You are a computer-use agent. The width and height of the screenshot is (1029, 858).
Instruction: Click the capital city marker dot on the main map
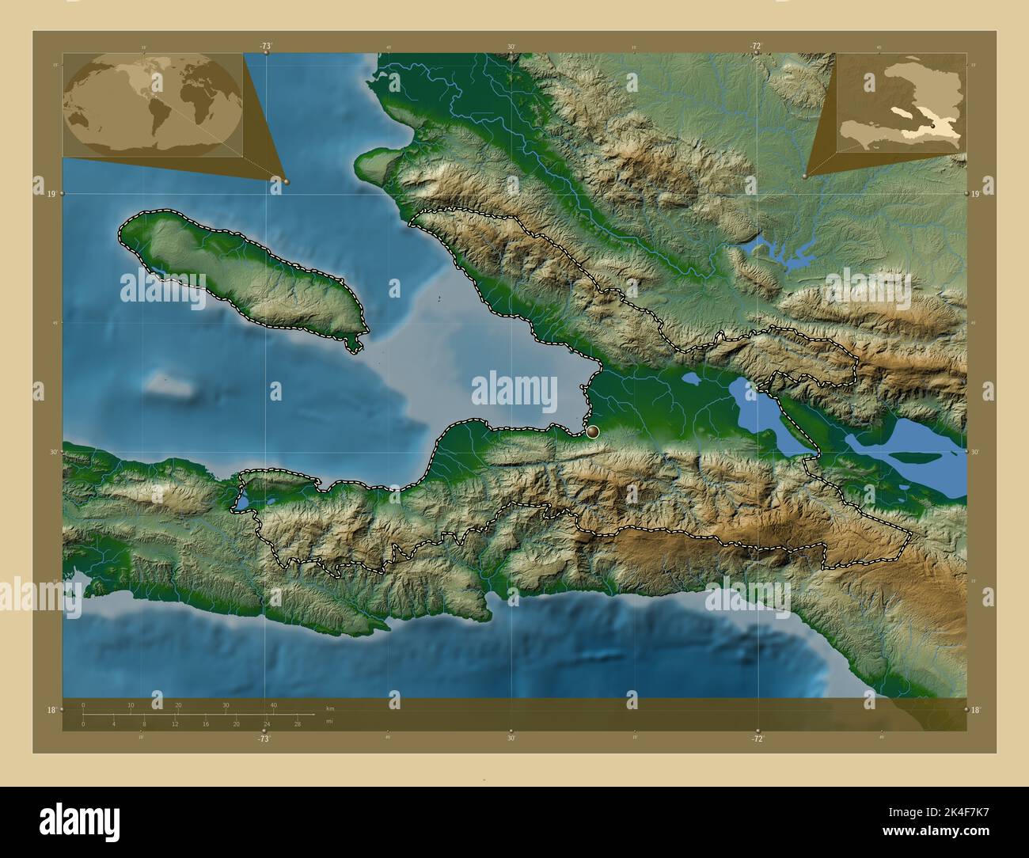click(x=592, y=431)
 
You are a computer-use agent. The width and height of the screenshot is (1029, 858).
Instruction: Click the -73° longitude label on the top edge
click(x=264, y=47)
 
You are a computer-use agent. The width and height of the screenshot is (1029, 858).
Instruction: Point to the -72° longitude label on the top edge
click(x=756, y=47)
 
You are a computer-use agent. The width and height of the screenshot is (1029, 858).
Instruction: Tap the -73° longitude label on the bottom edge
click(x=264, y=738)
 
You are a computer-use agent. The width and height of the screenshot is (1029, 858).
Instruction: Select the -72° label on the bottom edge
click(x=757, y=738)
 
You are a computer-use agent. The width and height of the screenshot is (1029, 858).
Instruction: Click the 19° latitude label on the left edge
click(x=50, y=193)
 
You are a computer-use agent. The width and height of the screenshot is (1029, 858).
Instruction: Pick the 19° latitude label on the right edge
click(x=976, y=193)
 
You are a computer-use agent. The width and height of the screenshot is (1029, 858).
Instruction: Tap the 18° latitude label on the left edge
click(x=50, y=710)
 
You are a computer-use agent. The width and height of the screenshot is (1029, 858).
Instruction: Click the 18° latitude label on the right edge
click(x=976, y=710)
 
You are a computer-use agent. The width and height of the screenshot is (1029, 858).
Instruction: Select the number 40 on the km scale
click(x=274, y=705)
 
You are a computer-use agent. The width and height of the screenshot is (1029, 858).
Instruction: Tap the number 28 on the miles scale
click(x=297, y=724)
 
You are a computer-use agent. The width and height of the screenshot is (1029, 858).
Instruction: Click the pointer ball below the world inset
click(x=286, y=181)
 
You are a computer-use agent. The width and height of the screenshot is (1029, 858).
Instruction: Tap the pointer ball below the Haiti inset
click(x=804, y=177)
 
